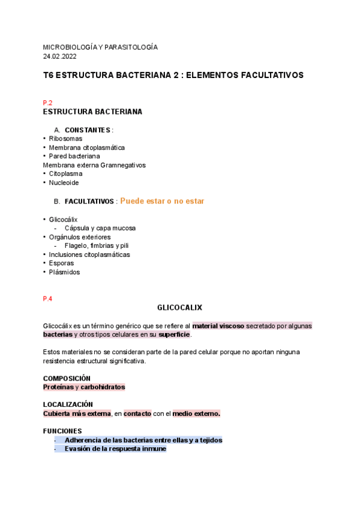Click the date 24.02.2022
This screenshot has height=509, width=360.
coord(59,56)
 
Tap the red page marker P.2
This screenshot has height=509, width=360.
coord(48,103)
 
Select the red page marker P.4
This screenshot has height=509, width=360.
coord(48,298)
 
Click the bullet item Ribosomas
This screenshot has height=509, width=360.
coord(65,139)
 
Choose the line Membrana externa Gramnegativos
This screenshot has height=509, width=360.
coord(94,165)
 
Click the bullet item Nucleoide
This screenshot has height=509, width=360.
coord(64,182)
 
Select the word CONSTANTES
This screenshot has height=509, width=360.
coord(87,130)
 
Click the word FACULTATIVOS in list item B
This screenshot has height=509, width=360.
coord(89,202)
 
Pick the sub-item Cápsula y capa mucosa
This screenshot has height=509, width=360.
coord(100,228)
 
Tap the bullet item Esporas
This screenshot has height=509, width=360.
coord(62,263)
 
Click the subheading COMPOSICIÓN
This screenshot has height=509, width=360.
coord(67,378)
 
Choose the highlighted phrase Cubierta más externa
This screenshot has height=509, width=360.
coord(77,414)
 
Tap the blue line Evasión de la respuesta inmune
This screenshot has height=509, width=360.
coord(115,449)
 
